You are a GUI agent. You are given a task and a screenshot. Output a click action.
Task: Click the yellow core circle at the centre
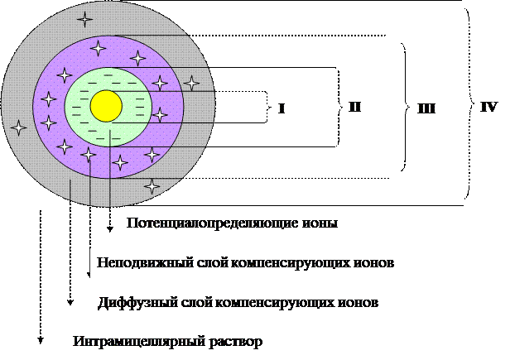point(107,106)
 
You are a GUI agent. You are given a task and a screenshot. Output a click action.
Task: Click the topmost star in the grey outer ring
point(84,18)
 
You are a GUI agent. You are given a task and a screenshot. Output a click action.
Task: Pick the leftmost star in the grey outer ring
point(19,127)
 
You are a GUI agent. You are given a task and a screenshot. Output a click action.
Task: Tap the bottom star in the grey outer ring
point(152,186)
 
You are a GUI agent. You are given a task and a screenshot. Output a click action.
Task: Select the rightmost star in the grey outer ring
point(191,83)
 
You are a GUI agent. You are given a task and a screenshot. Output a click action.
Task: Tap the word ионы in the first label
point(325,224)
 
